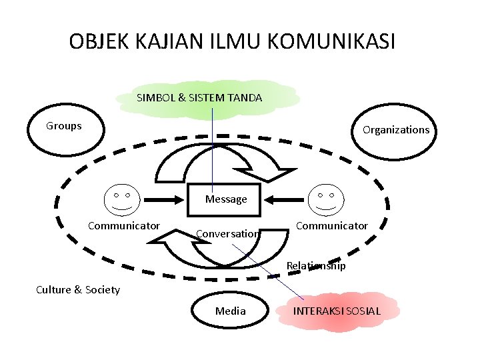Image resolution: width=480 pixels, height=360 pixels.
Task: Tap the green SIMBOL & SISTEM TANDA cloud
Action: point(200,98)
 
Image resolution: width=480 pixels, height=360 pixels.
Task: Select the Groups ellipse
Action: point(65,134)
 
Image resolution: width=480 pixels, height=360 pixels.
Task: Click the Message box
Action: point(226,199)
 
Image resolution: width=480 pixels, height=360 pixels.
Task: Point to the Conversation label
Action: point(227,234)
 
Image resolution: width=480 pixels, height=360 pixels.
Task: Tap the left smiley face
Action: point(122,199)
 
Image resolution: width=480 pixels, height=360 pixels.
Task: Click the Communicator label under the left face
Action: point(124,226)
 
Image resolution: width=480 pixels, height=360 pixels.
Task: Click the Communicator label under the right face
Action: point(331,226)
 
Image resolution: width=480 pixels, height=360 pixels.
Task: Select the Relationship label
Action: point(316,266)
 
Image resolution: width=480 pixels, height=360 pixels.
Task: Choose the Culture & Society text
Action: point(78,289)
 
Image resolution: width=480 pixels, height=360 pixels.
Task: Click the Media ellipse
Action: point(231,311)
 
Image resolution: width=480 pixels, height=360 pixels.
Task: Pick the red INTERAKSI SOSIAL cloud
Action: point(338,311)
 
